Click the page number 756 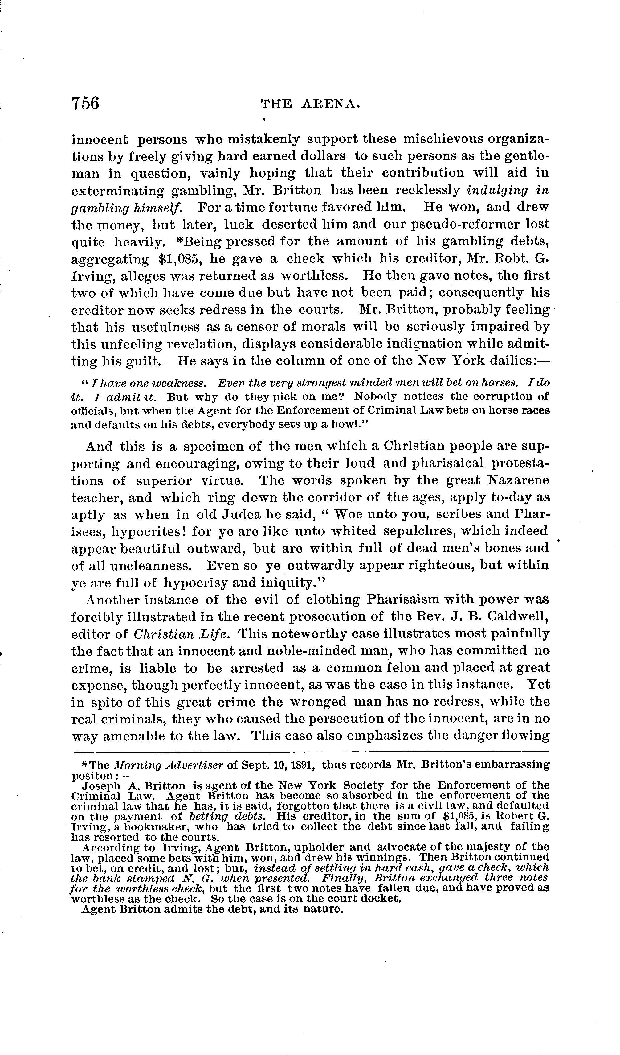coord(85,103)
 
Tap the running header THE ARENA coord(310,104)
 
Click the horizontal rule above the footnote coord(310,751)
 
